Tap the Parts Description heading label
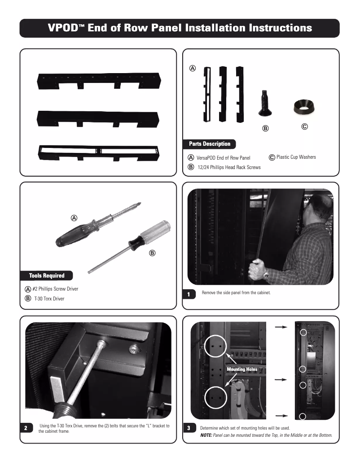tap(210, 144)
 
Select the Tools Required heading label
tap(47, 275)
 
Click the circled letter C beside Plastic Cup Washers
tap(272, 157)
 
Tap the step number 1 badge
tap(189, 295)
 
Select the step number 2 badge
tap(26, 428)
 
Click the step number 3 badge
tap(189, 428)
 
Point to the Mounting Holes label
tap(242, 369)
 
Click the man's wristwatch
tap(266, 273)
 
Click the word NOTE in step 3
tap(206, 435)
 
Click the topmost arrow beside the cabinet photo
tap(281, 328)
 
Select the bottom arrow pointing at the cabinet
tap(281, 415)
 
